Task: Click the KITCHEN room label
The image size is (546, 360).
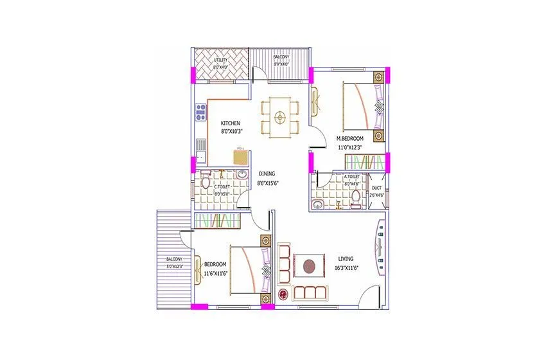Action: (x=231, y=123)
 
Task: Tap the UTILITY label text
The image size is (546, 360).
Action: (x=220, y=60)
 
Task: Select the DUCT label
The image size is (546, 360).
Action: (x=377, y=188)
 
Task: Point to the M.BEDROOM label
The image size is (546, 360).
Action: (x=350, y=138)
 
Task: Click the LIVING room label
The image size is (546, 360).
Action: (x=346, y=259)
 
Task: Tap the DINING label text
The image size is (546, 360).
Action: (x=267, y=174)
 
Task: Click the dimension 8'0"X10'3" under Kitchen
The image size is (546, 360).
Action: (x=231, y=131)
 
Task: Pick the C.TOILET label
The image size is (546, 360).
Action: (x=222, y=186)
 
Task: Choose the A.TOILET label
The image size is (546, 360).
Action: (x=351, y=177)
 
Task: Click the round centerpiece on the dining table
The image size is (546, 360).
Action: (x=279, y=117)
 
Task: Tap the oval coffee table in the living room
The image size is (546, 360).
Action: (x=310, y=265)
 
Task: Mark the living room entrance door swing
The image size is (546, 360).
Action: (x=369, y=297)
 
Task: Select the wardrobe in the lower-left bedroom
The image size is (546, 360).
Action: (x=216, y=221)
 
